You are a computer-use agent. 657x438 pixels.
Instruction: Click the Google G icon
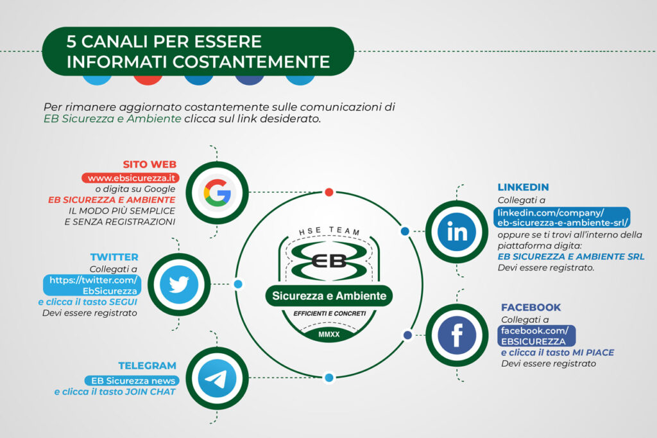(217, 193)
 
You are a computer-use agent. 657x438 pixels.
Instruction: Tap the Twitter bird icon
(179, 285)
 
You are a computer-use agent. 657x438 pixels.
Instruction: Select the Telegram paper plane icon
(217, 378)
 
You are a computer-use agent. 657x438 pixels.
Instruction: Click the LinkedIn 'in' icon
(457, 232)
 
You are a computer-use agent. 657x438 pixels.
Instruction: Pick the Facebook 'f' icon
(457, 335)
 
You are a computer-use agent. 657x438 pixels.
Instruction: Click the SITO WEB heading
(149, 164)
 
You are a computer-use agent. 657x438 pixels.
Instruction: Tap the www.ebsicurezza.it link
(131, 178)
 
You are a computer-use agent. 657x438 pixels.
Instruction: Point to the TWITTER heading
(114, 257)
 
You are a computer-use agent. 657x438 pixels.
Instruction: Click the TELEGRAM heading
(147, 365)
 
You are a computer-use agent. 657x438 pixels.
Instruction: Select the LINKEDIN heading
(523, 187)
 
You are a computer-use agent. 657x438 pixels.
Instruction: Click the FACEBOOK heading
(531, 307)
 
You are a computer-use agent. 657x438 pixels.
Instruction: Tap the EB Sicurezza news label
(133, 381)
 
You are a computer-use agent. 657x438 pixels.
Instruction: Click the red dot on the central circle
(329, 192)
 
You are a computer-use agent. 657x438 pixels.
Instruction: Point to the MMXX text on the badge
(329, 335)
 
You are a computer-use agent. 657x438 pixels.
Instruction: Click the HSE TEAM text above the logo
(329, 231)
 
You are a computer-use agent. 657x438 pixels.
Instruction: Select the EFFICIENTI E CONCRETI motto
(330, 313)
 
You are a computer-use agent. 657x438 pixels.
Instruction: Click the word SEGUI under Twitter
(123, 302)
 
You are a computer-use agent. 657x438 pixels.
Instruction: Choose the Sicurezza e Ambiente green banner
(329, 296)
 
